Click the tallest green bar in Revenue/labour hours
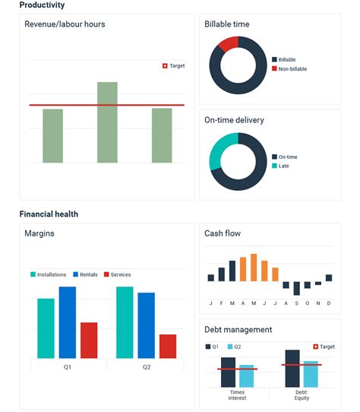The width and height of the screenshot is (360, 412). tap(107, 122)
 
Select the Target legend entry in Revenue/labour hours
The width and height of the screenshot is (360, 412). tap(173, 66)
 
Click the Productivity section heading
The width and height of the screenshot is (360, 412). tap(42, 5)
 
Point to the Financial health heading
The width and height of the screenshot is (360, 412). tap(49, 214)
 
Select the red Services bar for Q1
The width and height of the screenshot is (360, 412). tap(89, 340)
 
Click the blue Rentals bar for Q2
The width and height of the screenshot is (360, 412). tap(146, 325)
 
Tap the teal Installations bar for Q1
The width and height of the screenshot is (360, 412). tap(46, 328)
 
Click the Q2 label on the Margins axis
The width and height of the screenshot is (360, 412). tap(146, 366)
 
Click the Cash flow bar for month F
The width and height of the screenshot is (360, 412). tap(222, 274)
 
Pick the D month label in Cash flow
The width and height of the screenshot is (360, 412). tap(329, 303)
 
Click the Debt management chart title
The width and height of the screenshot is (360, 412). tap(238, 330)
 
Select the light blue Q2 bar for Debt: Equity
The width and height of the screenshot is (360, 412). tap(311, 374)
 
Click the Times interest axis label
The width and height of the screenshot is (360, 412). tap(237, 395)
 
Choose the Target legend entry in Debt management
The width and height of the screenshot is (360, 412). tap(324, 347)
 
